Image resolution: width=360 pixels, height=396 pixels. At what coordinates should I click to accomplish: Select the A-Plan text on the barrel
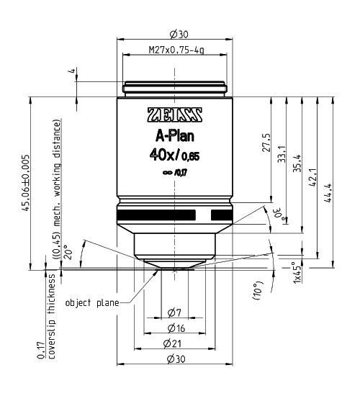pyautogui.click(x=175, y=138)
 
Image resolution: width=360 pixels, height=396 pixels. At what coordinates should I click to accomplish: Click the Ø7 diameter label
pyautogui.click(x=174, y=312)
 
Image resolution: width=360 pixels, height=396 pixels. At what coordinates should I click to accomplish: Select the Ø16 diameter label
pyautogui.click(x=174, y=328)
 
